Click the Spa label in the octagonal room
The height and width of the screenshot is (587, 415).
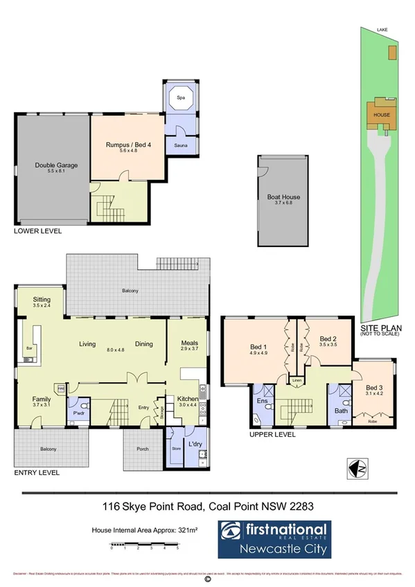[181, 98]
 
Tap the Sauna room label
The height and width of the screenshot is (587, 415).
[182, 146]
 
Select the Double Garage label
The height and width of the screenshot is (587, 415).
[57, 165]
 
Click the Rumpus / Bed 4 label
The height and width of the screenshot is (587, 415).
[125, 145]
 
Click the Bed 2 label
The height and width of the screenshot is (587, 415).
[328, 339]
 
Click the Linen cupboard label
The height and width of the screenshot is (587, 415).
[297, 381]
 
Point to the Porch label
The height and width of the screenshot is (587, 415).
[143, 449]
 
